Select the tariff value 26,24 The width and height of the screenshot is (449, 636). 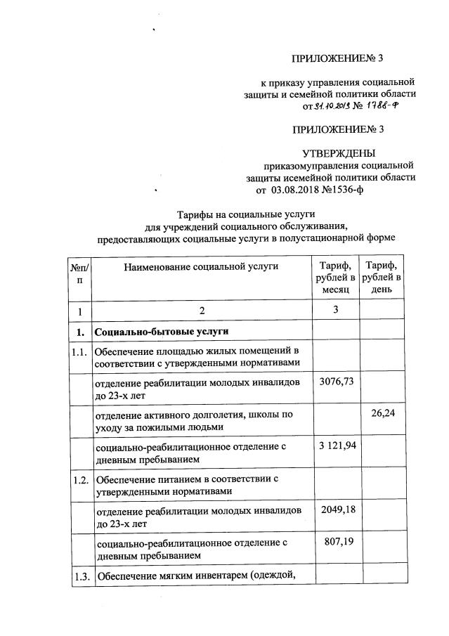click(384, 414)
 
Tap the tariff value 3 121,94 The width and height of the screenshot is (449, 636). click(334, 447)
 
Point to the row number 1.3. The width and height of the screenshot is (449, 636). click(79, 577)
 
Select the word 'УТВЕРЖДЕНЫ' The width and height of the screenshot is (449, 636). click(339, 153)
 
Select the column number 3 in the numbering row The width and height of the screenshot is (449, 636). click(335, 311)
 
